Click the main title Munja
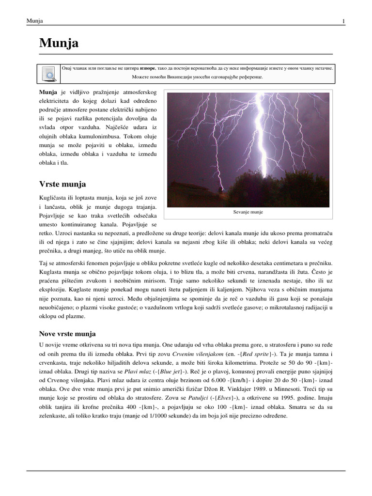tap(59, 44)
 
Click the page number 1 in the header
tap(343, 21)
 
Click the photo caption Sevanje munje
tap(248, 212)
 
